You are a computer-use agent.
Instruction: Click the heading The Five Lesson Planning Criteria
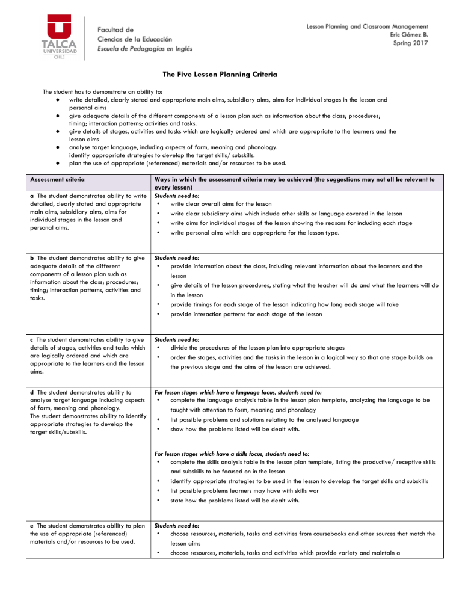click(x=231, y=75)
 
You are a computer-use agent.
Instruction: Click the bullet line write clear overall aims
click(x=221, y=204)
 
